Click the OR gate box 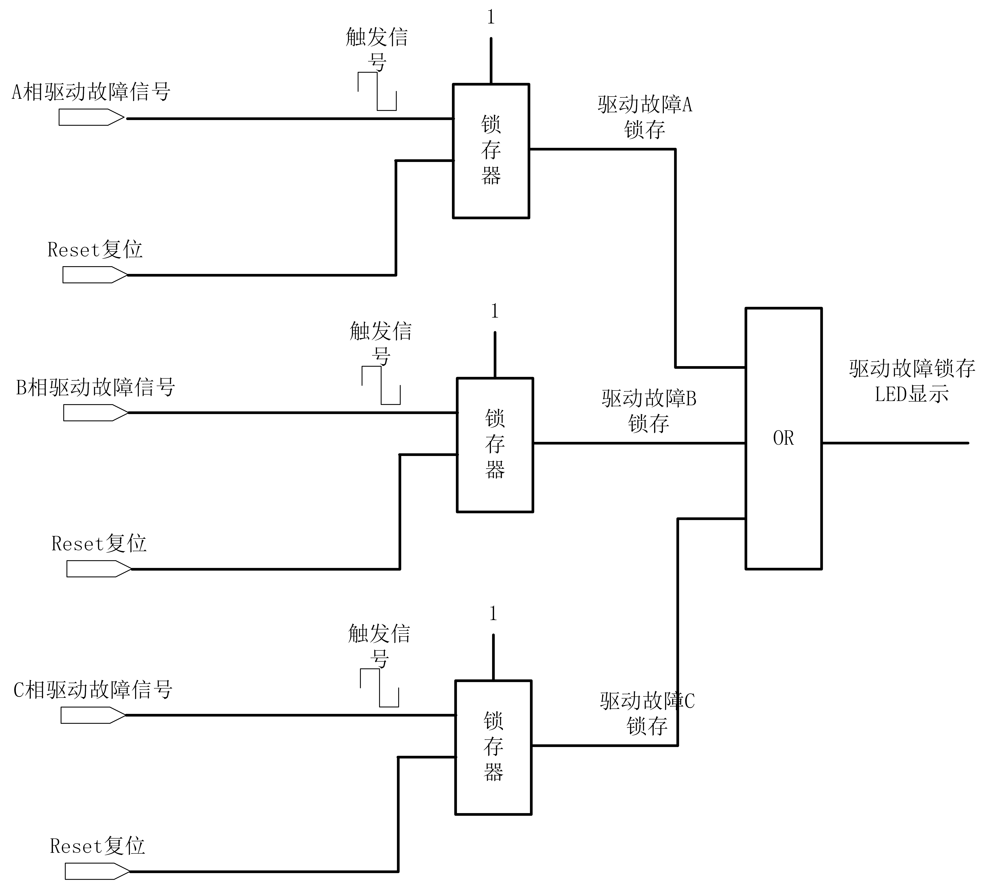point(783,438)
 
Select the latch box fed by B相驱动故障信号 point(495,444)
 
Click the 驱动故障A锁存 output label point(645,117)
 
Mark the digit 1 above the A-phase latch point(491,17)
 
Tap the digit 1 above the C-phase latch point(493,614)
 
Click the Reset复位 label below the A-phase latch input point(95,250)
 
